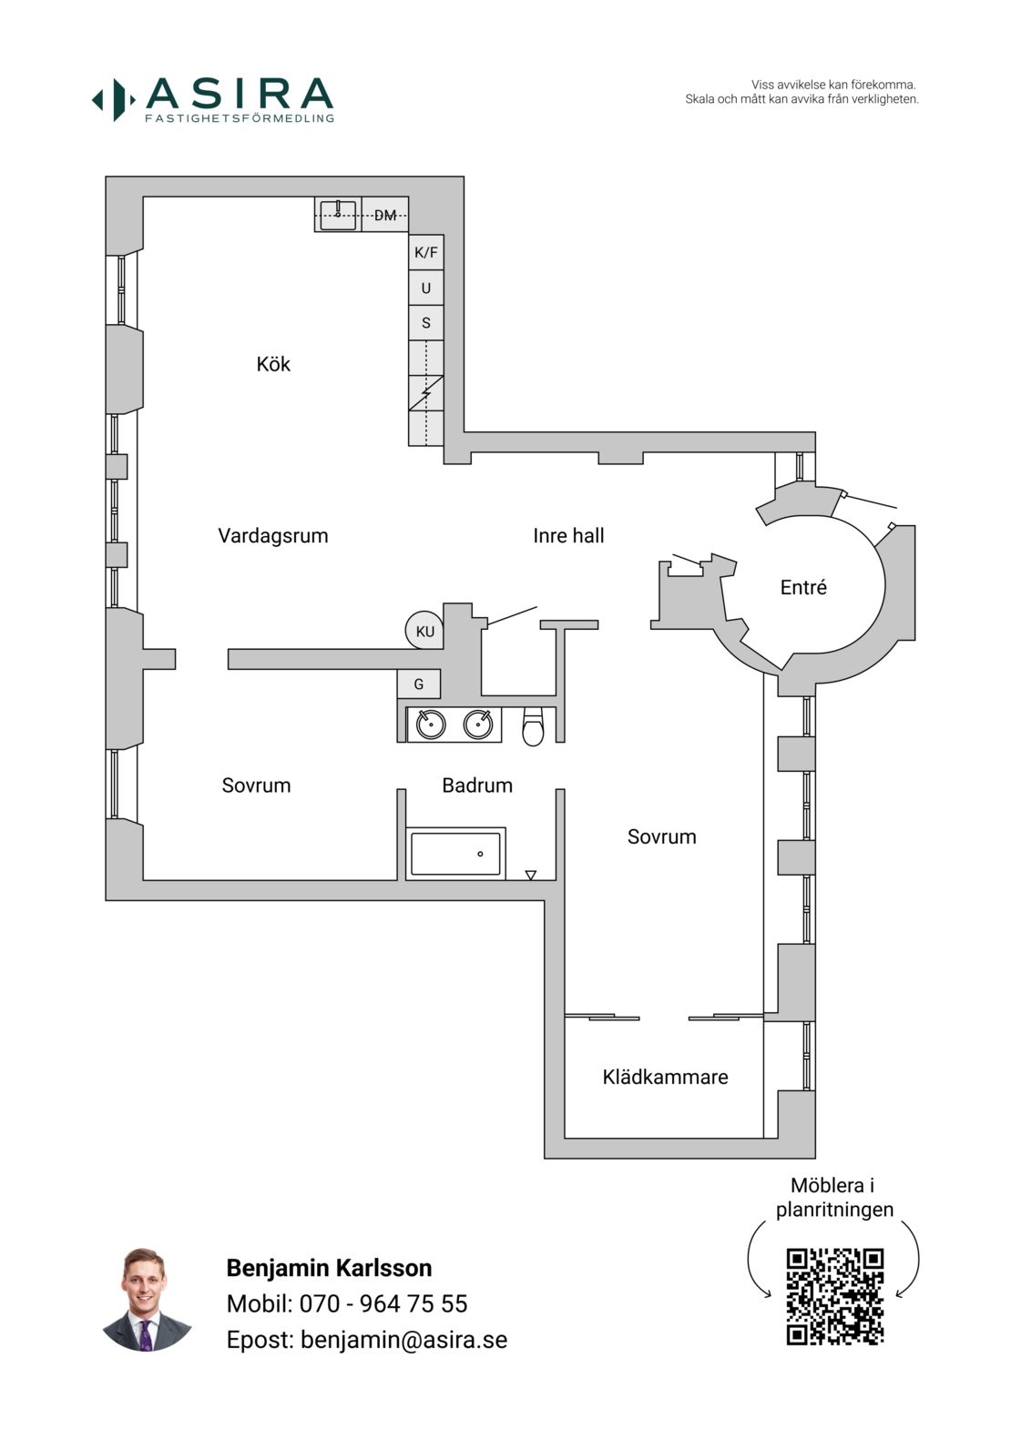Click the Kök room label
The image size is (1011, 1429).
pos(273,364)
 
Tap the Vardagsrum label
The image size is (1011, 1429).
pos(273,536)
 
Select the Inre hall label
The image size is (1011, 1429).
pos(568,536)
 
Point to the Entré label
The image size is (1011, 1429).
pos(803,587)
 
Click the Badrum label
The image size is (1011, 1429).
pos(477,785)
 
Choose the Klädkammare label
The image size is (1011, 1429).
pos(665,1077)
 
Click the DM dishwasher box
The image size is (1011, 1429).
pos(385,215)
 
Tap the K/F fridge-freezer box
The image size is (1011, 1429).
pos(425,253)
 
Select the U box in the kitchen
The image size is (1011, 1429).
pos(425,289)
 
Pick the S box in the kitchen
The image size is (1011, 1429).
pos(425,323)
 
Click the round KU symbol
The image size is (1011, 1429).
pos(424,630)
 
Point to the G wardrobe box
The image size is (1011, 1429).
pos(419,684)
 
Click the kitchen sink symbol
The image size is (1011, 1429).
pos(338,215)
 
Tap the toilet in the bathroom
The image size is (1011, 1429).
pos(533,726)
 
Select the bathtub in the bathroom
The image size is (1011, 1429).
pos(455,854)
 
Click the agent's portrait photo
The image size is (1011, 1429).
pos(146,1300)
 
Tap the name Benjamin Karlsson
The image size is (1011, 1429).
pos(330,1268)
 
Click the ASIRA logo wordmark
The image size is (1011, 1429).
pos(240,93)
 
